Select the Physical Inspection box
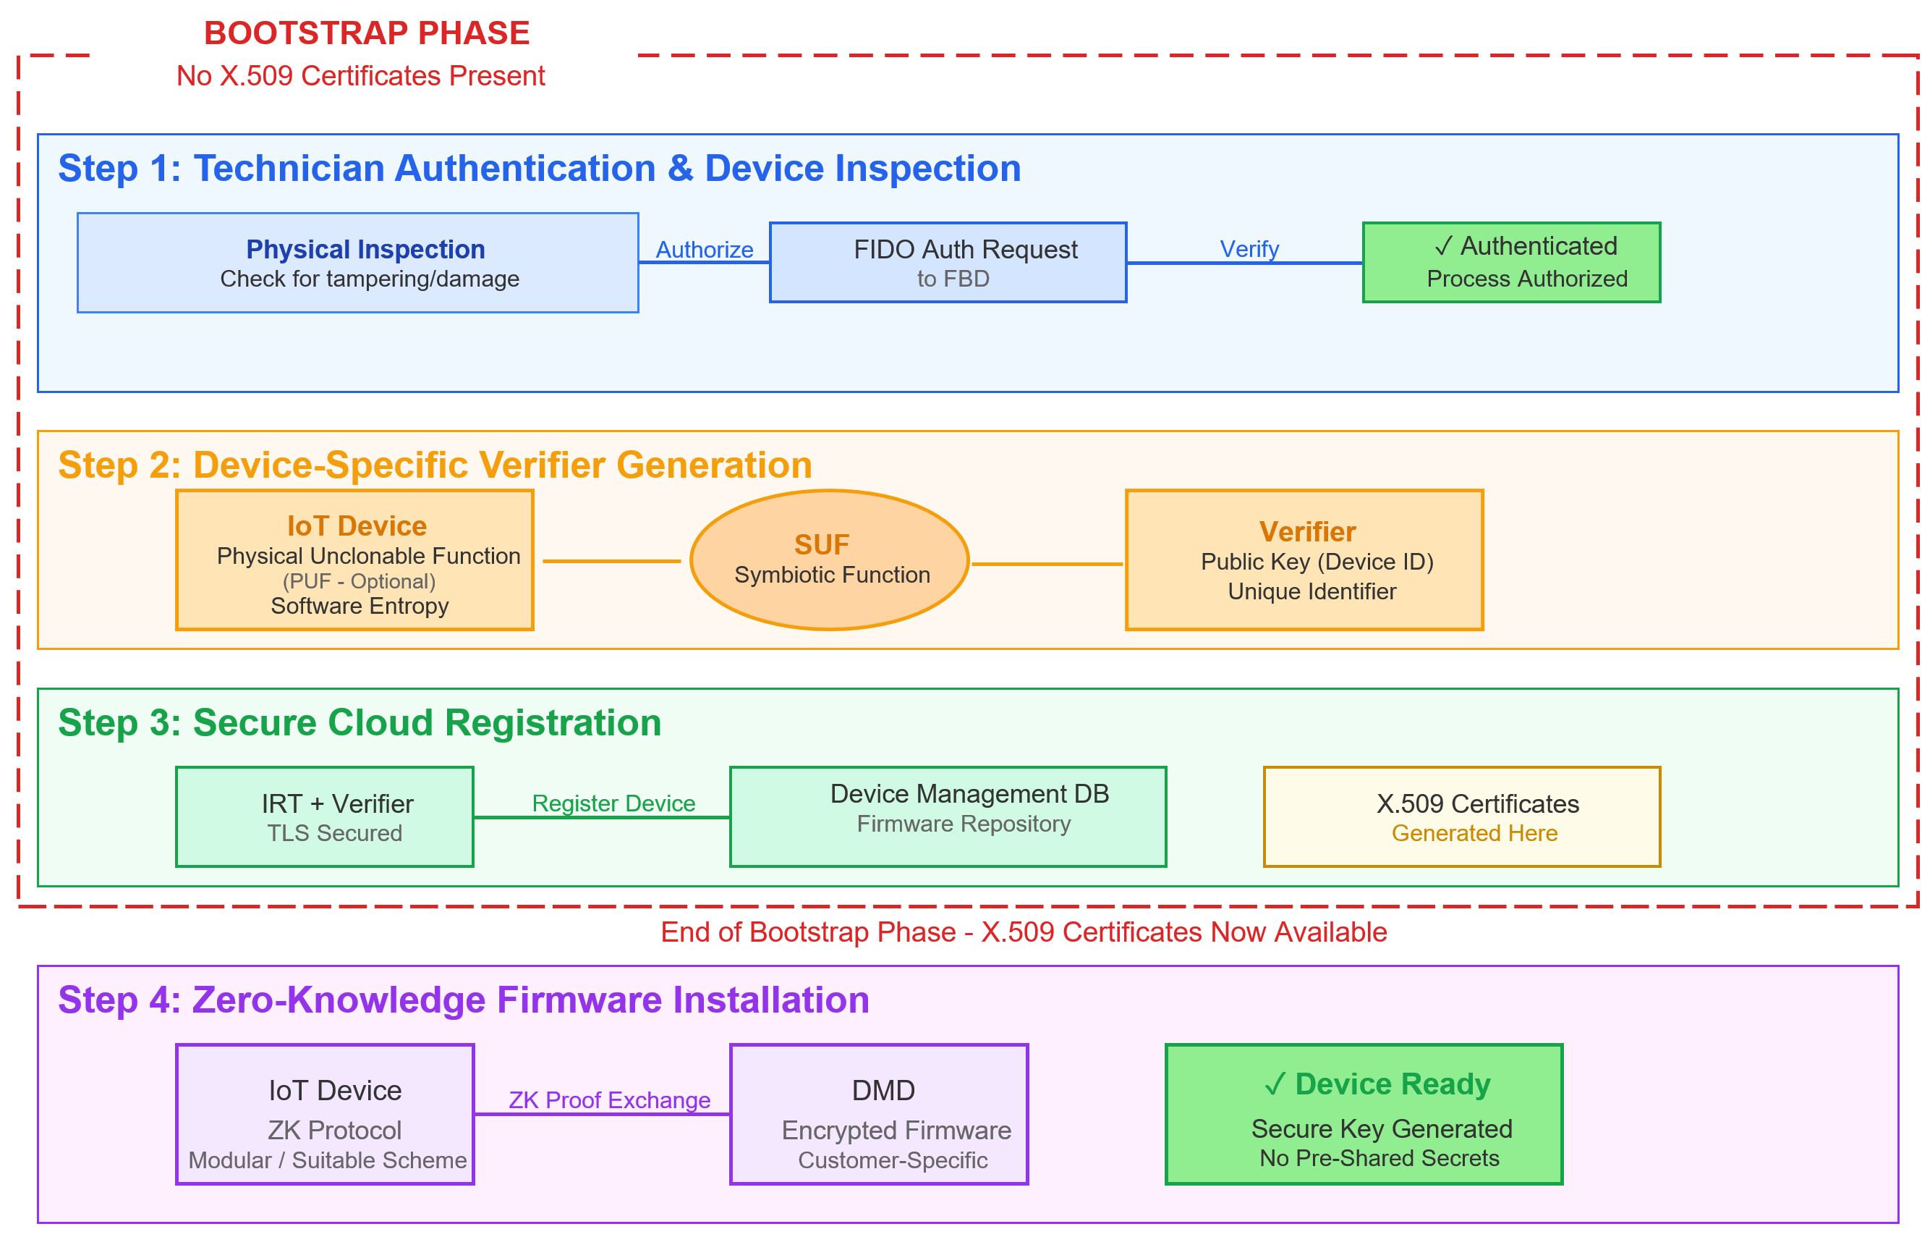(357, 263)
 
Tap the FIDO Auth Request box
(948, 263)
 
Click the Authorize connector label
(704, 250)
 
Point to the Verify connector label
(1249, 249)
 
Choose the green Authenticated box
(1511, 263)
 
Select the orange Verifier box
(1304, 560)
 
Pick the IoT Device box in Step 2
(355, 560)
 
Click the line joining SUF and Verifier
(1047, 564)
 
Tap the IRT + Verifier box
(324, 817)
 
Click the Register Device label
(613, 803)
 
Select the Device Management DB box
(948, 817)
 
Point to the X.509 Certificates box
(1461, 817)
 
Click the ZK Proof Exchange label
(609, 1099)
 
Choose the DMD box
(879, 1114)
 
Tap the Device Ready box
(1363, 1114)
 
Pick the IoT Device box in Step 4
(325, 1114)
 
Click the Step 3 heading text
(360, 723)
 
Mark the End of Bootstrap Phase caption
(1024, 932)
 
